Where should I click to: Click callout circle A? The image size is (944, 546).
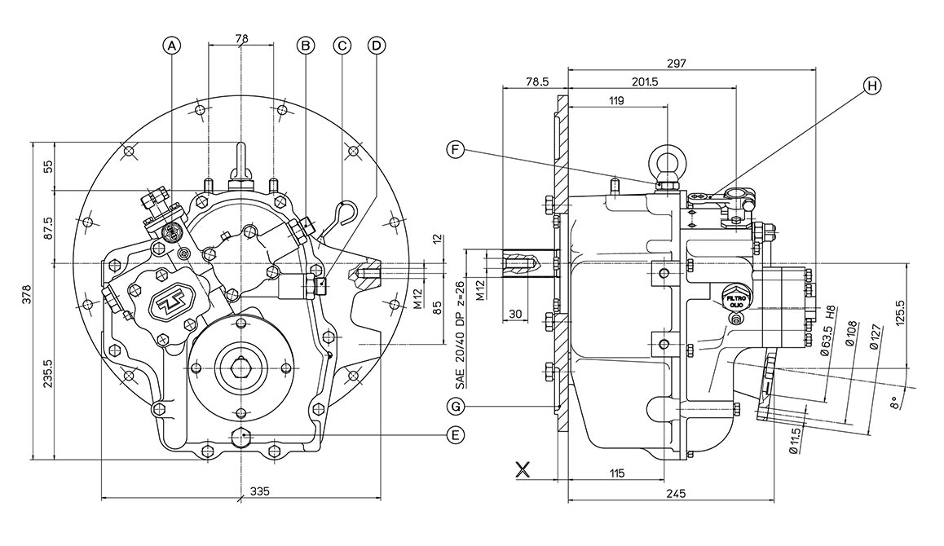tap(171, 46)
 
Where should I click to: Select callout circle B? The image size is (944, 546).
tap(306, 46)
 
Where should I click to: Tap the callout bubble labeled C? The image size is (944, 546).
tap(342, 46)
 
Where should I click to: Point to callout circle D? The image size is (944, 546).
tap(377, 46)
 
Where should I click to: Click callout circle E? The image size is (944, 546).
tap(457, 436)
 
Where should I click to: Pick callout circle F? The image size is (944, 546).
tap(457, 149)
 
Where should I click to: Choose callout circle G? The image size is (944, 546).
tap(457, 405)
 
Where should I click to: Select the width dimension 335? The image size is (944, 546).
tap(259, 491)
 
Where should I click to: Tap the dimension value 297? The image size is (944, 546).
tap(676, 63)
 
